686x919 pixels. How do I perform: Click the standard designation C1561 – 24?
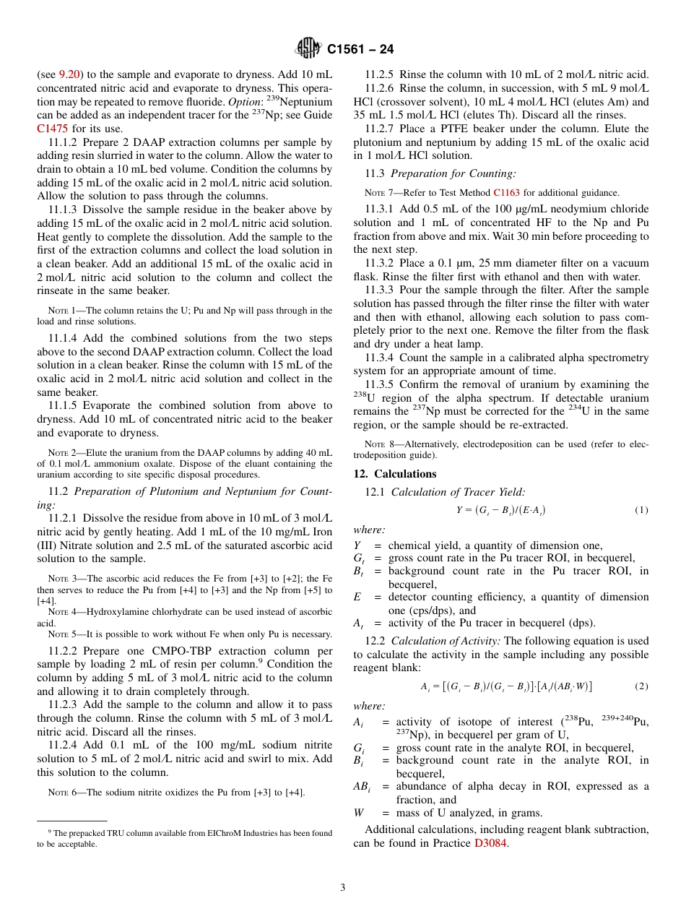pos(360,50)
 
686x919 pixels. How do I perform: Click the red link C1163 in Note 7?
pos(506,193)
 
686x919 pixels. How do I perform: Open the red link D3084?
pos(491,843)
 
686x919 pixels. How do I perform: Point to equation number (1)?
pos(641,510)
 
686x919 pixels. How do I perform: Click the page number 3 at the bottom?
pos(343,887)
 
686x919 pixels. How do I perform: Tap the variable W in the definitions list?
pos(359,813)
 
